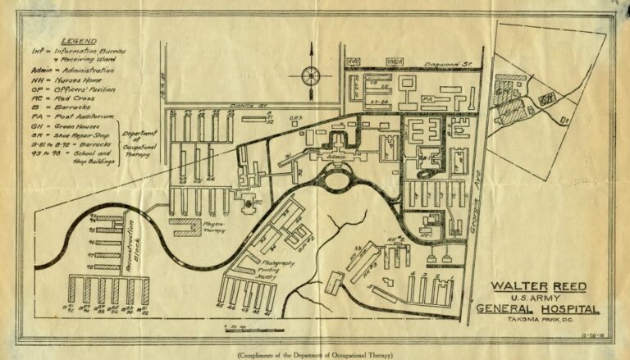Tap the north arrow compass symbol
311,76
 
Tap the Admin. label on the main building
335,156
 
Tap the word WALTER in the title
515,286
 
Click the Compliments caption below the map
314,354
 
